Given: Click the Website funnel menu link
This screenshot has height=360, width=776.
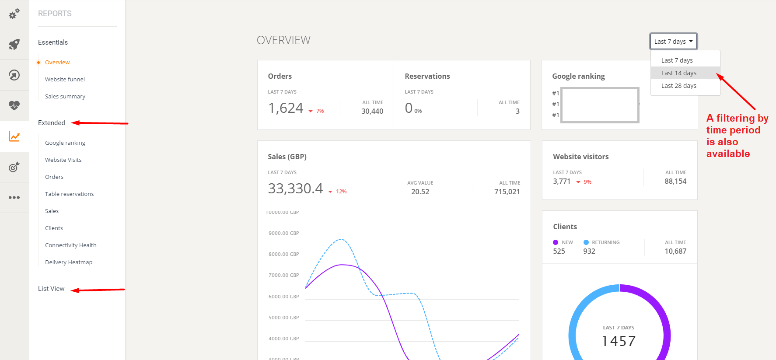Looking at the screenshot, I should [x=65, y=79].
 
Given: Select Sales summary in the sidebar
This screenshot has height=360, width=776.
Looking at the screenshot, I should [x=65, y=96].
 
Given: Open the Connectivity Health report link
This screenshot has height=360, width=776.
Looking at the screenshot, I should [x=70, y=245].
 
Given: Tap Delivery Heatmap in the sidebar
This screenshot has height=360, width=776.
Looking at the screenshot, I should [x=69, y=262].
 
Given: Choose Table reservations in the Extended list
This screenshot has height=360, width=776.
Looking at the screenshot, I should [x=69, y=194].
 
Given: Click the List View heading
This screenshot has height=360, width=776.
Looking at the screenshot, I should [x=51, y=289].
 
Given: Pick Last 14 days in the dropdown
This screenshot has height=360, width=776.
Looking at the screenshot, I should [x=678, y=73].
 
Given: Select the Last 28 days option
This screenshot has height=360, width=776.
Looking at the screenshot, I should [x=678, y=86].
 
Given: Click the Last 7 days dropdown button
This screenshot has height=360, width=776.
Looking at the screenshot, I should [x=673, y=42].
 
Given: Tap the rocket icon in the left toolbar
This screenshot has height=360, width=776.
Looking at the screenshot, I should [x=14, y=44].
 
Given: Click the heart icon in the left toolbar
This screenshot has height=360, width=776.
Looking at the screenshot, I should [x=14, y=105].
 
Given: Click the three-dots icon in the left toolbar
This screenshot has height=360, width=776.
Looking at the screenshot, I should [x=14, y=197].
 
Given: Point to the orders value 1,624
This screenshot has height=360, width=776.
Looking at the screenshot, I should [x=286, y=108].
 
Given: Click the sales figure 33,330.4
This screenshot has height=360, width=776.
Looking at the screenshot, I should [x=295, y=189].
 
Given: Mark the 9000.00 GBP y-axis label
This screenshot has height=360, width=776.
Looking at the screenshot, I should [x=283, y=233].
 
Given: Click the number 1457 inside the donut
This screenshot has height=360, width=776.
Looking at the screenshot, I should [x=619, y=341].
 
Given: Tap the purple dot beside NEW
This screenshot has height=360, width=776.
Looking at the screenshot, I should [x=556, y=242].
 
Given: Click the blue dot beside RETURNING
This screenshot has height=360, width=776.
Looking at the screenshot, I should [x=586, y=242].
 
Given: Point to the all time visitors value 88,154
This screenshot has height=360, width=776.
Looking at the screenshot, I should [x=675, y=181].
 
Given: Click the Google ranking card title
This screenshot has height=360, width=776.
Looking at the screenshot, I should [x=578, y=76].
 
